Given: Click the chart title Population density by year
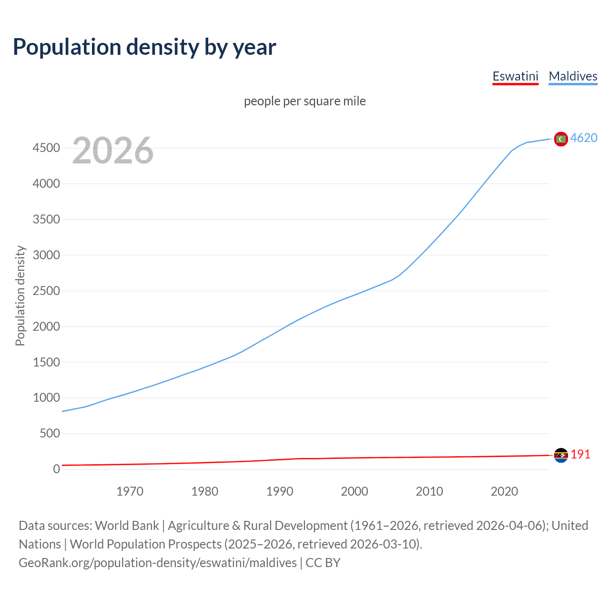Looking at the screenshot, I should click(144, 47).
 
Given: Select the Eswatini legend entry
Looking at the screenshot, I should click(515, 76).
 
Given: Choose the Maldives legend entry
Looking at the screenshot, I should click(573, 76).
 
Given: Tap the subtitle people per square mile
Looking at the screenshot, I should click(305, 101).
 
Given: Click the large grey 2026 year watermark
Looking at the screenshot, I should click(113, 151).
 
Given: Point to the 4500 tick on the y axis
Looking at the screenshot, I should click(46, 148).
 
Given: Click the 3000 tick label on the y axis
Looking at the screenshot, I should click(46, 255).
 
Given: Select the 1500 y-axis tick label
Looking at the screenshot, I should click(46, 362).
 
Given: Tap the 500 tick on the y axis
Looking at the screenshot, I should click(50, 434).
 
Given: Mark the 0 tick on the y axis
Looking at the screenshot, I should click(57, 469).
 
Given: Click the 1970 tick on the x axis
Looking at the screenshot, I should click(130, 491).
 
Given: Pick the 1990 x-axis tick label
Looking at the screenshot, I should click(280, 491).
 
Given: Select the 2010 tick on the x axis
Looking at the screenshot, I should click(429, 491).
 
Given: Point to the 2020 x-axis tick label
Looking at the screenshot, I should click(504, 491).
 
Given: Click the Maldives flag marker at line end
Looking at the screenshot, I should click(561, 139).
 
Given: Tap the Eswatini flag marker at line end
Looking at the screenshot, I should click(561, 455).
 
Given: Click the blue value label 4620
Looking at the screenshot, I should click(584, 138).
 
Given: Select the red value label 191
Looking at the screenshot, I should click(580, 454).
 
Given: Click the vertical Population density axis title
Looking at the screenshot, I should click(20, 295).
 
